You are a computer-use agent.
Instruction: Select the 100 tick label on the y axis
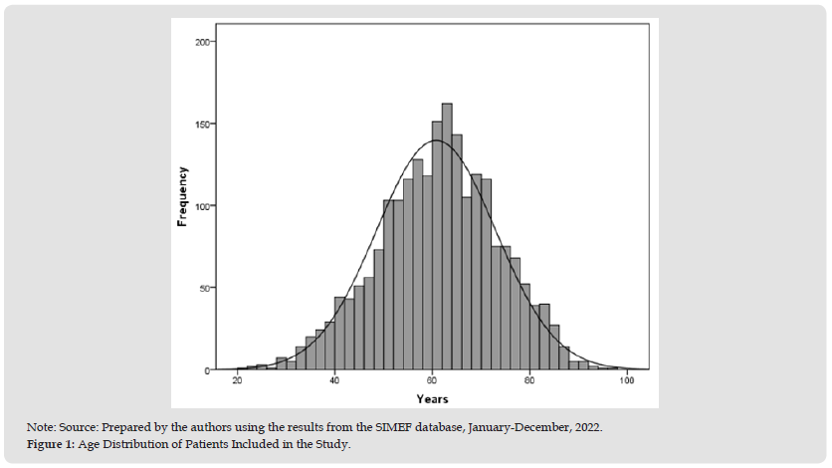pyautogui.click(x=200, y=206)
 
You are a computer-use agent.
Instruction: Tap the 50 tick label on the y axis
pyautogui.click(x=202, y=289)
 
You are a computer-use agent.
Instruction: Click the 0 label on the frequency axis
pyautogui.click(x=205, y=370)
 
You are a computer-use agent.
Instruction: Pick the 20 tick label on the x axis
pyautogui.click(x=238, y=381)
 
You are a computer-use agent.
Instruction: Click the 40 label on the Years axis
pyautogui.click(x=335, y=381)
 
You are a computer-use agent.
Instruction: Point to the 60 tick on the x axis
pyautogui.click(x=433, y=381)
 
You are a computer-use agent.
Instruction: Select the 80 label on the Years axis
pyautogui.click(x=530, y=381)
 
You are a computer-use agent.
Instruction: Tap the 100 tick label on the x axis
pyautogui.click(x=627, y=381)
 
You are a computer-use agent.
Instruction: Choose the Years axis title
pyautogui.click(x=432, y=398)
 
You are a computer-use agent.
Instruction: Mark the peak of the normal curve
pyautogui.click(x=435, y=140)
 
